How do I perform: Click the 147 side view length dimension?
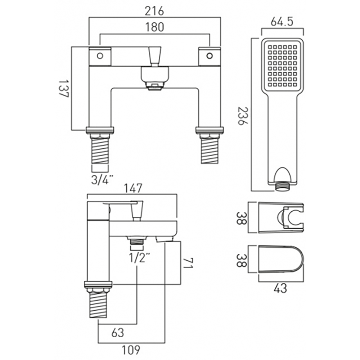coord(132,188)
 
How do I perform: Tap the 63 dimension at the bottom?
coord(117,332)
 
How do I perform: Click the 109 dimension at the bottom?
coord(131,349)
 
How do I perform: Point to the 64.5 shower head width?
coord(282,22)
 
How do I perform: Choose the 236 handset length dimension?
coord(242,114)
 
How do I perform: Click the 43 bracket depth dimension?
coord(281,288)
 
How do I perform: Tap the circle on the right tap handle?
coord(209,56)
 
